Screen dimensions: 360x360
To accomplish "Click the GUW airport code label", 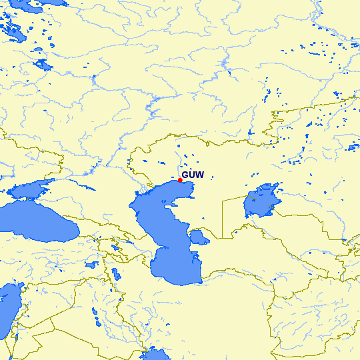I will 192,175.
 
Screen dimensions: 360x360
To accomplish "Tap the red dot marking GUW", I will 180,180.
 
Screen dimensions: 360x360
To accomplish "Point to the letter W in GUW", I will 199,175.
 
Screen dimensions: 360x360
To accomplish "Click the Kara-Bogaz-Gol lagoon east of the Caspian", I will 198,237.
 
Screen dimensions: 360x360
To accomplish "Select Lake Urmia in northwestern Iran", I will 116,274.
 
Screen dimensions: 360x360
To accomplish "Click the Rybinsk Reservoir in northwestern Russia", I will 43,65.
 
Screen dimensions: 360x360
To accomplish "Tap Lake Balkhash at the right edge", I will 353,146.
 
